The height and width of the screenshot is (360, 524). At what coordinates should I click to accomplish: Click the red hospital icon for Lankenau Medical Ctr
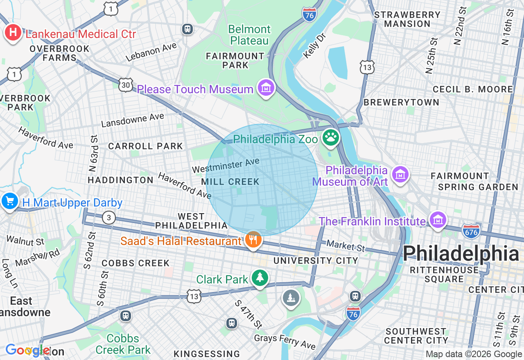[x=13, y=33]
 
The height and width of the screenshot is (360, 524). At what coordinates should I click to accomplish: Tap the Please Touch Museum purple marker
[x=266, y=87]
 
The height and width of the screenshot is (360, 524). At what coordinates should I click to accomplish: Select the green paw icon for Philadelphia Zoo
[x=331, y=137]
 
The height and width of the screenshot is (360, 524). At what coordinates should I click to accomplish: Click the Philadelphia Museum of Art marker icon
[x=400, y=174]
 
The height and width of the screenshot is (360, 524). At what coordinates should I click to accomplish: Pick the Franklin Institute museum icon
[x=438, y=220]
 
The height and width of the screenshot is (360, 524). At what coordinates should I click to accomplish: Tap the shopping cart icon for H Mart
[x=9, y=201]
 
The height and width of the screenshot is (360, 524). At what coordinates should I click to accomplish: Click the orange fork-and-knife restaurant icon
[x=253, y=240]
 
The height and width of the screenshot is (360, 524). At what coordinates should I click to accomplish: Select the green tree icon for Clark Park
[x=260, y=278]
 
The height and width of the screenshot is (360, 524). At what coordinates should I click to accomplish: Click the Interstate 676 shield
[x=471, y=231]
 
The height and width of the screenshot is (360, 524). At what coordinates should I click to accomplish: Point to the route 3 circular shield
[x=108, y=217]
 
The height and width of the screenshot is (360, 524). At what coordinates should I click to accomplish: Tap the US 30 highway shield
[x=126, y=84]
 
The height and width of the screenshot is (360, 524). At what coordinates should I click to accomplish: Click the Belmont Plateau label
[x=249, y=35]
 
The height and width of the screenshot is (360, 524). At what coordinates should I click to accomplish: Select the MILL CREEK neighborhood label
[x=230, y=182]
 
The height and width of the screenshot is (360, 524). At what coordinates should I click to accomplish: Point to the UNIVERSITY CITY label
[x=316, y=261]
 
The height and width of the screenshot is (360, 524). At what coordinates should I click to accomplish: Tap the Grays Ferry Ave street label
[x=285, y=342]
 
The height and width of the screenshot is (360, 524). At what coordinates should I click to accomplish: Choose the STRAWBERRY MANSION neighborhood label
[x=407, y=19]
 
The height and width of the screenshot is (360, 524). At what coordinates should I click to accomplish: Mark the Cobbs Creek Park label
[x=123, y=344]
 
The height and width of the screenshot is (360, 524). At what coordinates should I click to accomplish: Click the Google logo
[x=28, y=350]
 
